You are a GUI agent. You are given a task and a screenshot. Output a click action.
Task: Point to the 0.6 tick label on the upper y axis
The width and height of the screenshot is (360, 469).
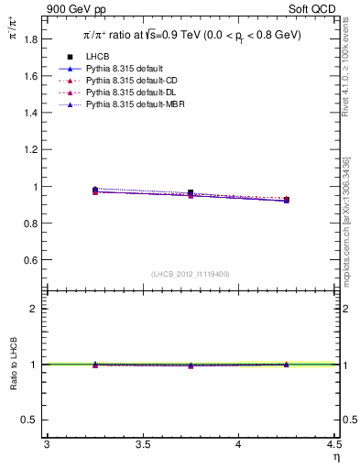pyautogui.click(x=31, y=260)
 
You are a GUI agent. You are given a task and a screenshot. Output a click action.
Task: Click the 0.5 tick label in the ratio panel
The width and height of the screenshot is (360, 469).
pyautogui.click(x=31, y=420)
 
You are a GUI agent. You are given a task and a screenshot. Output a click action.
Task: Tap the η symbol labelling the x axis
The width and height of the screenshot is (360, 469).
pyautogui.click(x=335, y=456)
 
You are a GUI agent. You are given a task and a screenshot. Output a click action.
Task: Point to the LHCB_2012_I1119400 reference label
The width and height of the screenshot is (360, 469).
pyautogui.click(x=191, y=274)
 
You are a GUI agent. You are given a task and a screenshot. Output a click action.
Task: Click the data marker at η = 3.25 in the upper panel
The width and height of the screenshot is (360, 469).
pyautogui.click(x=95, y=190)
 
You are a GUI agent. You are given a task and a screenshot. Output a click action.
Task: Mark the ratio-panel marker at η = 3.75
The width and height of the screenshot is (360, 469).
pyautogui.click(x=191, y=365)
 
